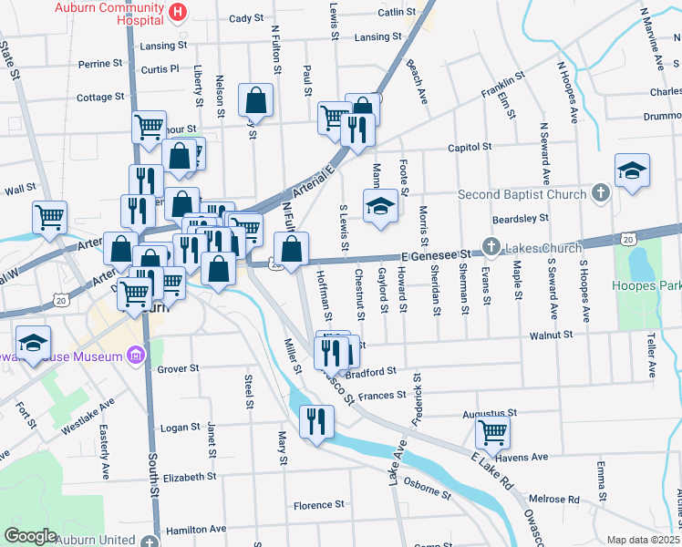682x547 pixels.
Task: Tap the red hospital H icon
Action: coord(179,12)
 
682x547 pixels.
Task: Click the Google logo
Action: coord(31,536)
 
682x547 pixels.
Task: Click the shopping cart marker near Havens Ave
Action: coord(492,431)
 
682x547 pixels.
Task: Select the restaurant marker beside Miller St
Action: coord(316,419)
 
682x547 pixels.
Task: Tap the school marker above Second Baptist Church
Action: coord(632,170)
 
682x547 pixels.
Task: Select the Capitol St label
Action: coord(470,147)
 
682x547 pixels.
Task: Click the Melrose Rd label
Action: coord(561,500)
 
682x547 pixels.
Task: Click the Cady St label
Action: coord(246,18)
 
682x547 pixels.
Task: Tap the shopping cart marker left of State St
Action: coord(49,216)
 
